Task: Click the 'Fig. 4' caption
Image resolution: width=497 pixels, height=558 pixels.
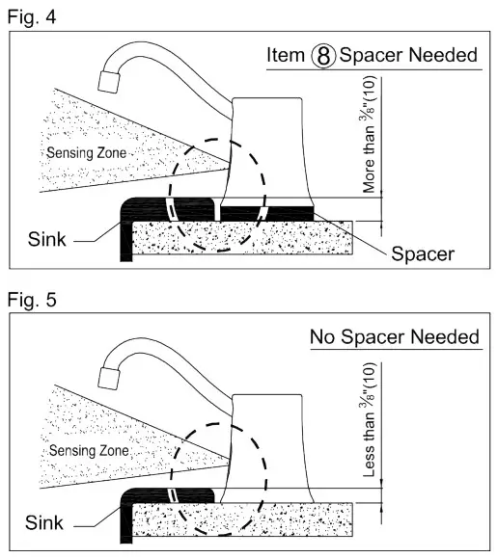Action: (32, 16)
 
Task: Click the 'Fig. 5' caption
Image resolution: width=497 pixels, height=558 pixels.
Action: (32, 300)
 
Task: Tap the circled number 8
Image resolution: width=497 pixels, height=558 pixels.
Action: (323, 56)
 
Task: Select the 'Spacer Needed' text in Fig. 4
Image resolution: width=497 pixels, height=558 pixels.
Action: (408, 55)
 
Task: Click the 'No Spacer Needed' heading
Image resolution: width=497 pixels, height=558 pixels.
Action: (395, 336)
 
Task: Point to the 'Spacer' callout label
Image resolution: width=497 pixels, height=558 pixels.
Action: (423, 254)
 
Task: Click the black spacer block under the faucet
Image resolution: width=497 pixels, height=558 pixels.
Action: (267, 214)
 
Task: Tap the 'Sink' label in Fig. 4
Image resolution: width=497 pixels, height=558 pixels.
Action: (46, 239)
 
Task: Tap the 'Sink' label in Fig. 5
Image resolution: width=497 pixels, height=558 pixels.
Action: (43, 522)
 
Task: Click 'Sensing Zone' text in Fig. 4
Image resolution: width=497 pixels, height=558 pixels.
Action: (87, 153)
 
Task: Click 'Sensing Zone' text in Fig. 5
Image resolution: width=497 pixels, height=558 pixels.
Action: (89, 450)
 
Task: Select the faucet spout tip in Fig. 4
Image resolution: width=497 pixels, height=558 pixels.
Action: (109, 82)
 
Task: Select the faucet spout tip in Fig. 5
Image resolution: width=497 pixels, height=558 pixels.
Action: (109, 379)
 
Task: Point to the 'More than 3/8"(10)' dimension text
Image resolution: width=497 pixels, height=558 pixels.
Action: (368, 135)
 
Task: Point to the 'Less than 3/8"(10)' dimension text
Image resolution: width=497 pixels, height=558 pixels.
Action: (368, 420)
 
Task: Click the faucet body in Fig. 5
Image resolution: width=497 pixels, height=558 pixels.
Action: (267, 448)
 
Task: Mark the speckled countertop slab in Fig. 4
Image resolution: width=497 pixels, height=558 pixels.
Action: (242, 238)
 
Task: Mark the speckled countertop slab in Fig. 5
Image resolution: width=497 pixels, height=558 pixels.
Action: (242, 519)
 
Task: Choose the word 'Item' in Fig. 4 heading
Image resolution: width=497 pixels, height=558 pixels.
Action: (286, 55)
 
